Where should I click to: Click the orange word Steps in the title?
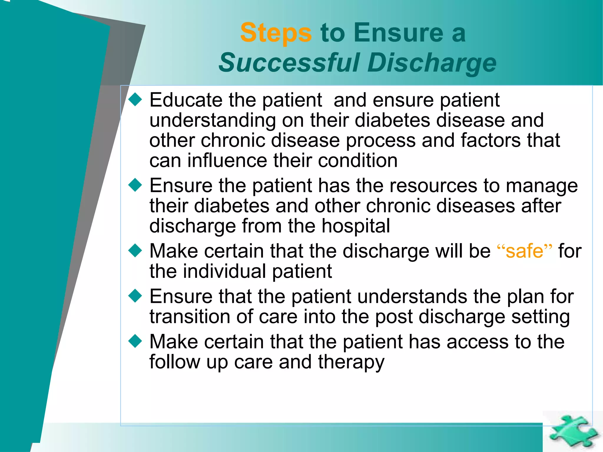(276, 33)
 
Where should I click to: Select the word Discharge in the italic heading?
(432, 63)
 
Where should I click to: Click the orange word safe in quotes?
(524, 251)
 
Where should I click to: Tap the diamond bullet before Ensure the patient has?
(135, 185)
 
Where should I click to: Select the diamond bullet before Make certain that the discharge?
(135, 251)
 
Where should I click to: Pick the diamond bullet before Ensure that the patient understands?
(135, 296)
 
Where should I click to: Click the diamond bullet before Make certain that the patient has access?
(135, 341)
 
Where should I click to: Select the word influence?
(227, 161)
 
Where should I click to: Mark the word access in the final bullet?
(477, 342)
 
